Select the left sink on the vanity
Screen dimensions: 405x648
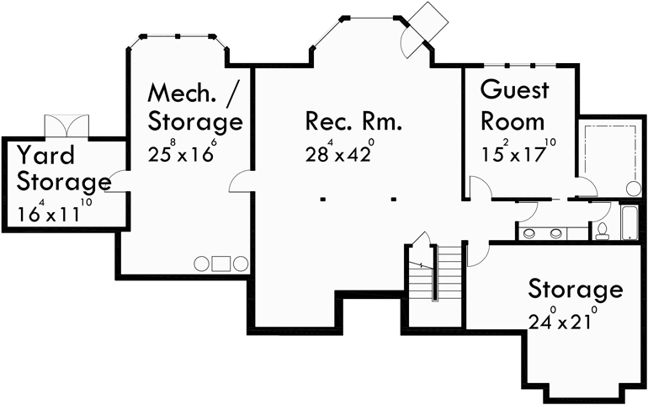[x=530, y=232]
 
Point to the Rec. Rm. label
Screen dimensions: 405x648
[x=353, y=121]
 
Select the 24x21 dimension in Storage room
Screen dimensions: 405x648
[x=562, y=321]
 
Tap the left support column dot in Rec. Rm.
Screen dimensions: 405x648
[x=323, y=200]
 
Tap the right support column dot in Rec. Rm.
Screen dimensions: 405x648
[x=394, y=200]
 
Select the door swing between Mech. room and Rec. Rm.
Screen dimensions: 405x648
[x=241, y=180]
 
